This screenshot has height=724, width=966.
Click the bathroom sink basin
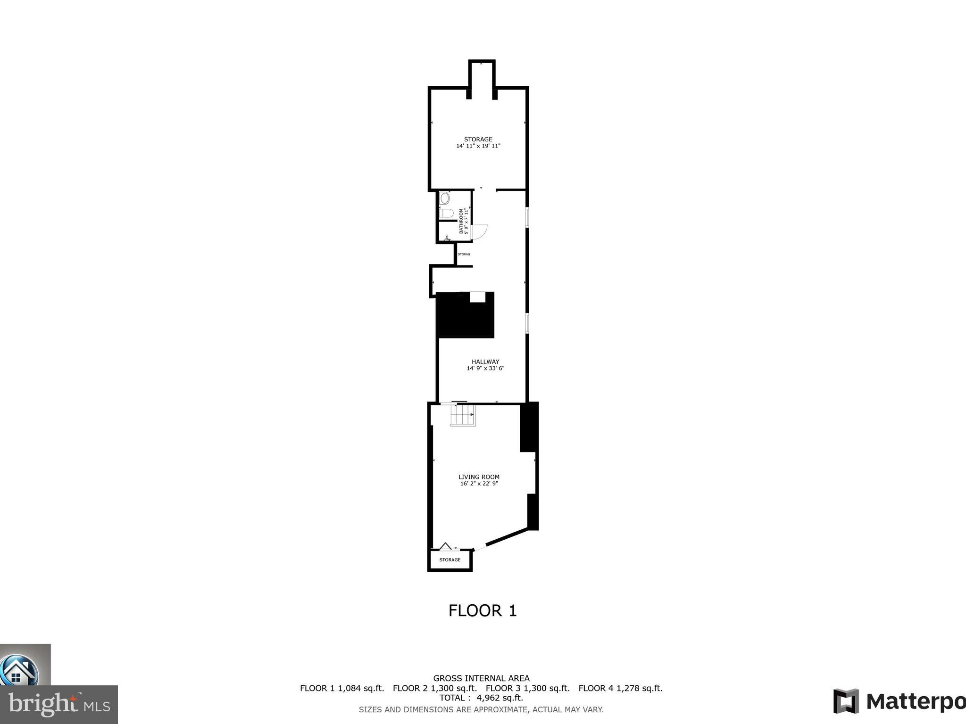tap(444, 198)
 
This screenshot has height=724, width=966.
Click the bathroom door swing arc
tap(480, 232)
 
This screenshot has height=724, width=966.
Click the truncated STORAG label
tap(464, 254)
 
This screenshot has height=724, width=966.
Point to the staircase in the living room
tap(463, 415)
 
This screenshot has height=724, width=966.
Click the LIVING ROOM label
tap(479, 477)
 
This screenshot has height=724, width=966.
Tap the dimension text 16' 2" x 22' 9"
tap(479, 484)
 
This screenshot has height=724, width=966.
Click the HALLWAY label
tap(485, 362)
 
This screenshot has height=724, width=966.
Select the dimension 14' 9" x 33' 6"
tap(485, 368)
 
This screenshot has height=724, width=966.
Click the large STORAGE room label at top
tap(478, 139)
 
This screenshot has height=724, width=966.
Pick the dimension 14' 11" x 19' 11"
tap(478, 146)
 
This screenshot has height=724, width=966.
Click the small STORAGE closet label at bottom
tap(450, 560)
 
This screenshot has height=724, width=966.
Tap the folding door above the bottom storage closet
tap(446, 547)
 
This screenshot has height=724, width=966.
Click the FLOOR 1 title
tap(482, 611)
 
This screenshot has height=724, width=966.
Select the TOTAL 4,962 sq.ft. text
tap(481, 698)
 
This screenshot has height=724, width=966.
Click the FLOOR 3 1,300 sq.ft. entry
tap(527, 688)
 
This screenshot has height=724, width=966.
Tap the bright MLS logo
tap(59, 704)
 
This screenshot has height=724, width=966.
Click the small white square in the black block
tap(478, 297)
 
